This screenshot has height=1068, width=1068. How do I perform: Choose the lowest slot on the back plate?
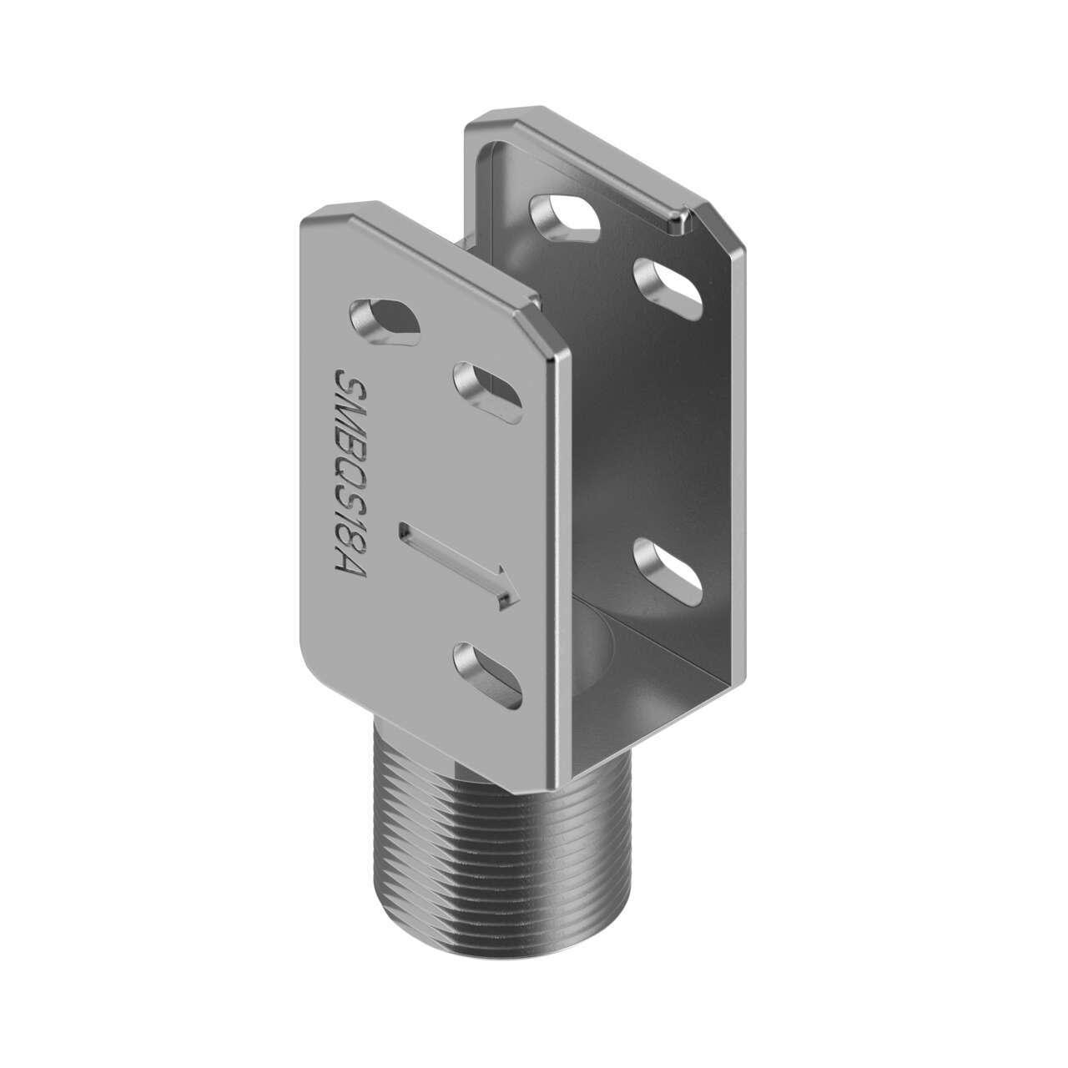(668, 571)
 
